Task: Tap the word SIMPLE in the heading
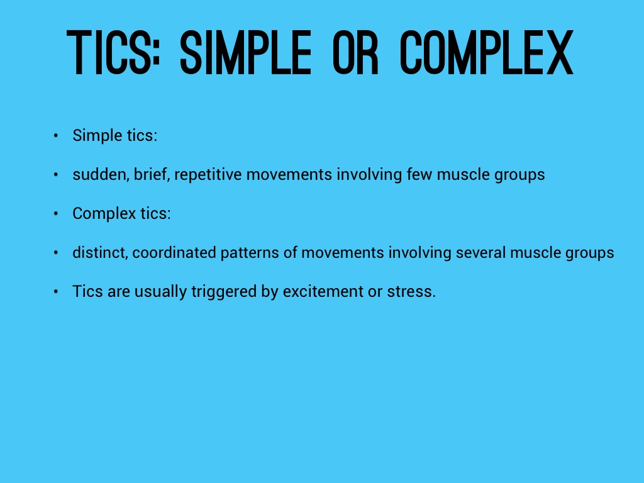click(246, 53)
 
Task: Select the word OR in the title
click(355, 53)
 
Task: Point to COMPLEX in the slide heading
click(487, 53)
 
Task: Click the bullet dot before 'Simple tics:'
click(56, 136)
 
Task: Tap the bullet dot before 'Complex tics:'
click(56, 214)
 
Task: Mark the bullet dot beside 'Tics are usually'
click(56, 292)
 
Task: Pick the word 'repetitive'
click(208, 175)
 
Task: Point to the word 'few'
click(419, 175)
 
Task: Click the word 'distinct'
click(100, 253)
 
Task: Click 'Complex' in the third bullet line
click(104, 214)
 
